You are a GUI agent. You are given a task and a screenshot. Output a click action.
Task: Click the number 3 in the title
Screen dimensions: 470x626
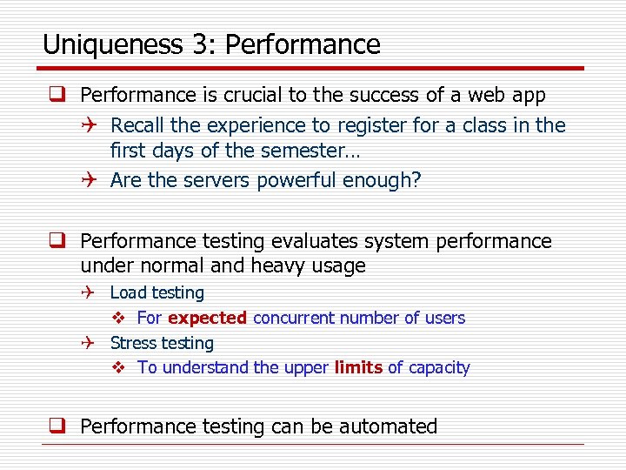(188, 44)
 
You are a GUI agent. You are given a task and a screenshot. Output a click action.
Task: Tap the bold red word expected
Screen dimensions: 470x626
(207, 319)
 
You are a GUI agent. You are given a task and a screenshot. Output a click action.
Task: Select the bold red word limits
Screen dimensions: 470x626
(358, 368)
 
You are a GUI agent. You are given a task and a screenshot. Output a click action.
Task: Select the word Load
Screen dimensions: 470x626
(128, 293)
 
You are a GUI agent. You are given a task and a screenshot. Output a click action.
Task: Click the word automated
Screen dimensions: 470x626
(388, 426)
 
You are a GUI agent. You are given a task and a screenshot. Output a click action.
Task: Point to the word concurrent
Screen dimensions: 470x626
(294, 319)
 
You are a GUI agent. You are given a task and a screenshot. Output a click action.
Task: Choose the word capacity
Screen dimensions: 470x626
(439, 368)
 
